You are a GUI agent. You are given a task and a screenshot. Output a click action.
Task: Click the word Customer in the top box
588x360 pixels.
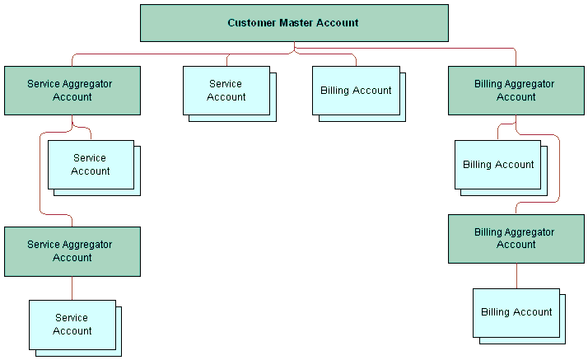click(x=252, y=23)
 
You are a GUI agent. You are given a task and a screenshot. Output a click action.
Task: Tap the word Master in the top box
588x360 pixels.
click(x=296, y=23)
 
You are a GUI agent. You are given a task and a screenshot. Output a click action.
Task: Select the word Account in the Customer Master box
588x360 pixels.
click(x=337, y=23)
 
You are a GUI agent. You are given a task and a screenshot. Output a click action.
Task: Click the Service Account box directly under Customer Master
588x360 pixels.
click(x=226, y=91)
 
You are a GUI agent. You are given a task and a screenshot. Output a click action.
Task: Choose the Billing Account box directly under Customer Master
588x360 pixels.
click(x=356, y=91)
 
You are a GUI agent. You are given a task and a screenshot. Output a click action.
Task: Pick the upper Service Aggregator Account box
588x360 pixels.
click(x=72, y=91)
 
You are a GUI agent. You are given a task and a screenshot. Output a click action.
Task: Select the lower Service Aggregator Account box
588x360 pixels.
click(x=72, y=251)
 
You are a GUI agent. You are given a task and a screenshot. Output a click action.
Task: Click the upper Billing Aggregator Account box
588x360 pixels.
click(x=516, y=91)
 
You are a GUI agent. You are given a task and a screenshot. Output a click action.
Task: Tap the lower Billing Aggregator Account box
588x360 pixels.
click(x=516, y=239)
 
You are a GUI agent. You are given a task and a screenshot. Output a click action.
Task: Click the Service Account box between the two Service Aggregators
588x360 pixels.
click(x=91, y=165)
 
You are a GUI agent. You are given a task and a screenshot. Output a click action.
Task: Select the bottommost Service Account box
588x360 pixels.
click(x=72, y=325)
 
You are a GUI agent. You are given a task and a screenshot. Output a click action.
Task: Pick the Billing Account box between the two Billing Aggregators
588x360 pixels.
click(x=497, y=165)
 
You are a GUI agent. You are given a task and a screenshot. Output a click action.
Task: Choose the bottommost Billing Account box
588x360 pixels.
click(x=516, y=313)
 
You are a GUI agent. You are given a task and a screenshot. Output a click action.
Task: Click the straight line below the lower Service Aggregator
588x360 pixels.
click(x=72, y=288)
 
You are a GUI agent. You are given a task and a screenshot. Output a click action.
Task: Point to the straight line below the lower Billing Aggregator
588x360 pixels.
click(x=516, y=276)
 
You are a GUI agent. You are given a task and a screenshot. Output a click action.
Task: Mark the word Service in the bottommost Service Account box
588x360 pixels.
click(x=72, y=318)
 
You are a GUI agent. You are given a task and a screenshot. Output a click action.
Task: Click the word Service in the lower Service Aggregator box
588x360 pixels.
click(x=43, y=245)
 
